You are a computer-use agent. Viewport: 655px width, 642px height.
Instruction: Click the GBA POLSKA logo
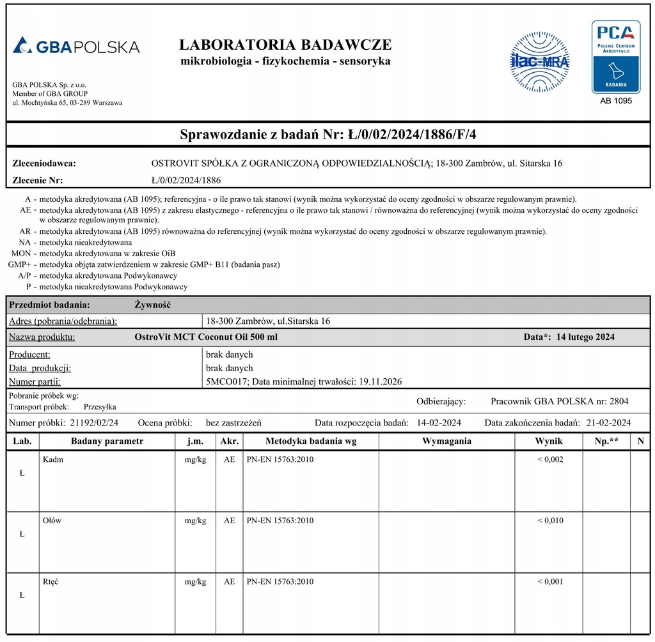click(x=75, y=46)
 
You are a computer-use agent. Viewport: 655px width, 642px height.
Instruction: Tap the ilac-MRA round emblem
click(x=539, y=62)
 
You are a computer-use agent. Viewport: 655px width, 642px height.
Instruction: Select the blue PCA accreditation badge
click(x=615, y=56)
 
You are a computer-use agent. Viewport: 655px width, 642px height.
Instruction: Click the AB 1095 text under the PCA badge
click(x=615, y=101)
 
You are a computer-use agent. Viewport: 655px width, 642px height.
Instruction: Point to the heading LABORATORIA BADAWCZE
click(x=285, y=45)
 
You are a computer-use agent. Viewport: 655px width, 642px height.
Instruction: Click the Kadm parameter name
click(x=53, y=459)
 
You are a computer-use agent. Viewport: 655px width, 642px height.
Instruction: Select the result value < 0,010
click(x=550, y=521)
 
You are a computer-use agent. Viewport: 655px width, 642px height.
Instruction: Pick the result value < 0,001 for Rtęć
click(x=550, y=581)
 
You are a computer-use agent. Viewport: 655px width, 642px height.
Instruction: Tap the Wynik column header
click(x=548, y=441)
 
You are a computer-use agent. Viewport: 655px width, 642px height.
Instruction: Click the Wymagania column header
click(x=446, y=441)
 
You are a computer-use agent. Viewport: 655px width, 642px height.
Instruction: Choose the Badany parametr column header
click(x=107, y=441)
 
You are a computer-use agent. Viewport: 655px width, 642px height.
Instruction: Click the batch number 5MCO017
click(x=221, y=381)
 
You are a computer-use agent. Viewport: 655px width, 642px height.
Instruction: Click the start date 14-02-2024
click(x=439, y=422)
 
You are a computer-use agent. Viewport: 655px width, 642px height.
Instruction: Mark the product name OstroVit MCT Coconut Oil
click(x=206, y=337)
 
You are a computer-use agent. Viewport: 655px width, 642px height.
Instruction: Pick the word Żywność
click(x=152, y=305)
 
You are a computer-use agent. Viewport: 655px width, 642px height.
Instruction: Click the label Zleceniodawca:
click(x=44, y=163)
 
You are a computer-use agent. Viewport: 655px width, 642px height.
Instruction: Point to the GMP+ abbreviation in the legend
click(x=19, y=264)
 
